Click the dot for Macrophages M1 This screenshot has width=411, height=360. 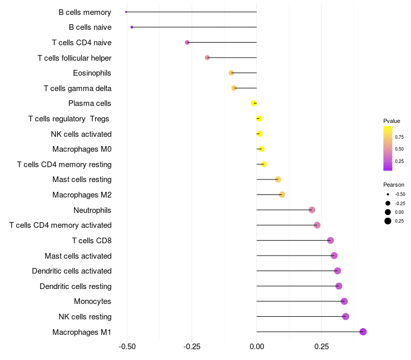point(363,332)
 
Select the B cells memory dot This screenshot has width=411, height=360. point(126,12)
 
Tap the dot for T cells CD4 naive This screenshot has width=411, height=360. point(187,42)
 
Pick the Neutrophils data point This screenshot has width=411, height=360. point(312,210)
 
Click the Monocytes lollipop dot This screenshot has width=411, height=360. point(344,301)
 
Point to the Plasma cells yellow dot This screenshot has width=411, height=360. point(254,103)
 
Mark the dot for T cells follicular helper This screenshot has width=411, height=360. point(207,58)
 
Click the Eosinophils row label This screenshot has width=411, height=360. point(92,73)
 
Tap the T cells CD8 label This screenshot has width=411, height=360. point(91,241)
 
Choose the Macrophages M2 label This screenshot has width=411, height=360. point(82,195)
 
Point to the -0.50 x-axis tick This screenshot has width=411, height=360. point(127,347)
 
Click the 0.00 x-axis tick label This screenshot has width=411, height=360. point(256,347)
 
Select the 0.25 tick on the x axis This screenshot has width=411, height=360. point(321,347)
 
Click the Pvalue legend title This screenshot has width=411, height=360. point(391,121)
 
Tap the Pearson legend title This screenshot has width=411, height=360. point(394,185)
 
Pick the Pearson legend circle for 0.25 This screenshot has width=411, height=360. point(387,221)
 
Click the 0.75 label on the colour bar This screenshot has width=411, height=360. point(399,137)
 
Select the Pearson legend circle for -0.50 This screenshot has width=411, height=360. point(387,194)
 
